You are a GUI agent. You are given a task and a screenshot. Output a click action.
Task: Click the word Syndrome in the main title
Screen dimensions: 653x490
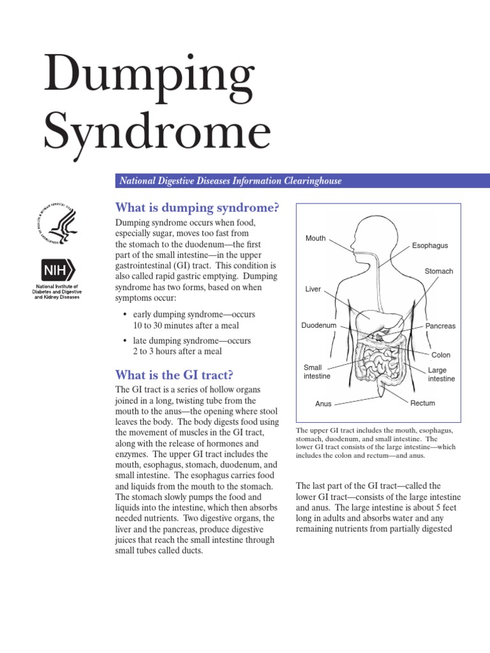(157, 132)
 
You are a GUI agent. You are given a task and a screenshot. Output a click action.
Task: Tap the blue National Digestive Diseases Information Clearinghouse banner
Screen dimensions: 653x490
(302, 181)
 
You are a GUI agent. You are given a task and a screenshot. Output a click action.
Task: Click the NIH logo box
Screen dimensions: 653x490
(57, 270)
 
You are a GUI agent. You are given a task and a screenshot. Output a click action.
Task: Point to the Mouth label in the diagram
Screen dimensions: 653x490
(315, 238)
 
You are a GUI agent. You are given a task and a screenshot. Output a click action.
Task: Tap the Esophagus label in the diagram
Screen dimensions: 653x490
(430, 246)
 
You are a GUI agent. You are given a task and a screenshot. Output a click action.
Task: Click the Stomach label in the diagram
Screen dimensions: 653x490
(438, 272)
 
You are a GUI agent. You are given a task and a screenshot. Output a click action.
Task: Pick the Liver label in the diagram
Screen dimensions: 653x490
(313, 290)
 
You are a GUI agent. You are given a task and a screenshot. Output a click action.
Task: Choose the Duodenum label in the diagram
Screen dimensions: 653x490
(318, 326)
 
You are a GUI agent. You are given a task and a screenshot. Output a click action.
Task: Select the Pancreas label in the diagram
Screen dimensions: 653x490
(440, 326)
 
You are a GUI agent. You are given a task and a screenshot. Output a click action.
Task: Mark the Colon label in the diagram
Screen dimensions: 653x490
(440, 355)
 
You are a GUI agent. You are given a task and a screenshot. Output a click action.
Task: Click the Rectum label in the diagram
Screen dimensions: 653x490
(422, 403)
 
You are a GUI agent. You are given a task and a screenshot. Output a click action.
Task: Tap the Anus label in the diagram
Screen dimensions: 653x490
(323, 404)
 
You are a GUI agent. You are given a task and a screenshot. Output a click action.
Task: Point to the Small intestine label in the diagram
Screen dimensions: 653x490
(316, 372)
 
